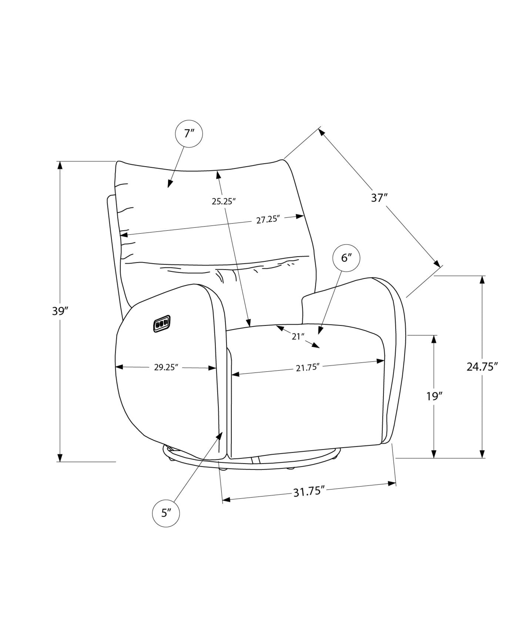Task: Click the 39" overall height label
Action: pyautogui.click(x=61, y=311)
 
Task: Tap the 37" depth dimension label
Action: pyautogui.click(x=380, y=198)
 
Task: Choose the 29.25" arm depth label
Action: pyautogui.click(x=166, y=367)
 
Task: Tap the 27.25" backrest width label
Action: pyautogui.click(x=268, y=220)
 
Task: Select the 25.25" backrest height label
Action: pyautogui.click(x=223, y=201)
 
